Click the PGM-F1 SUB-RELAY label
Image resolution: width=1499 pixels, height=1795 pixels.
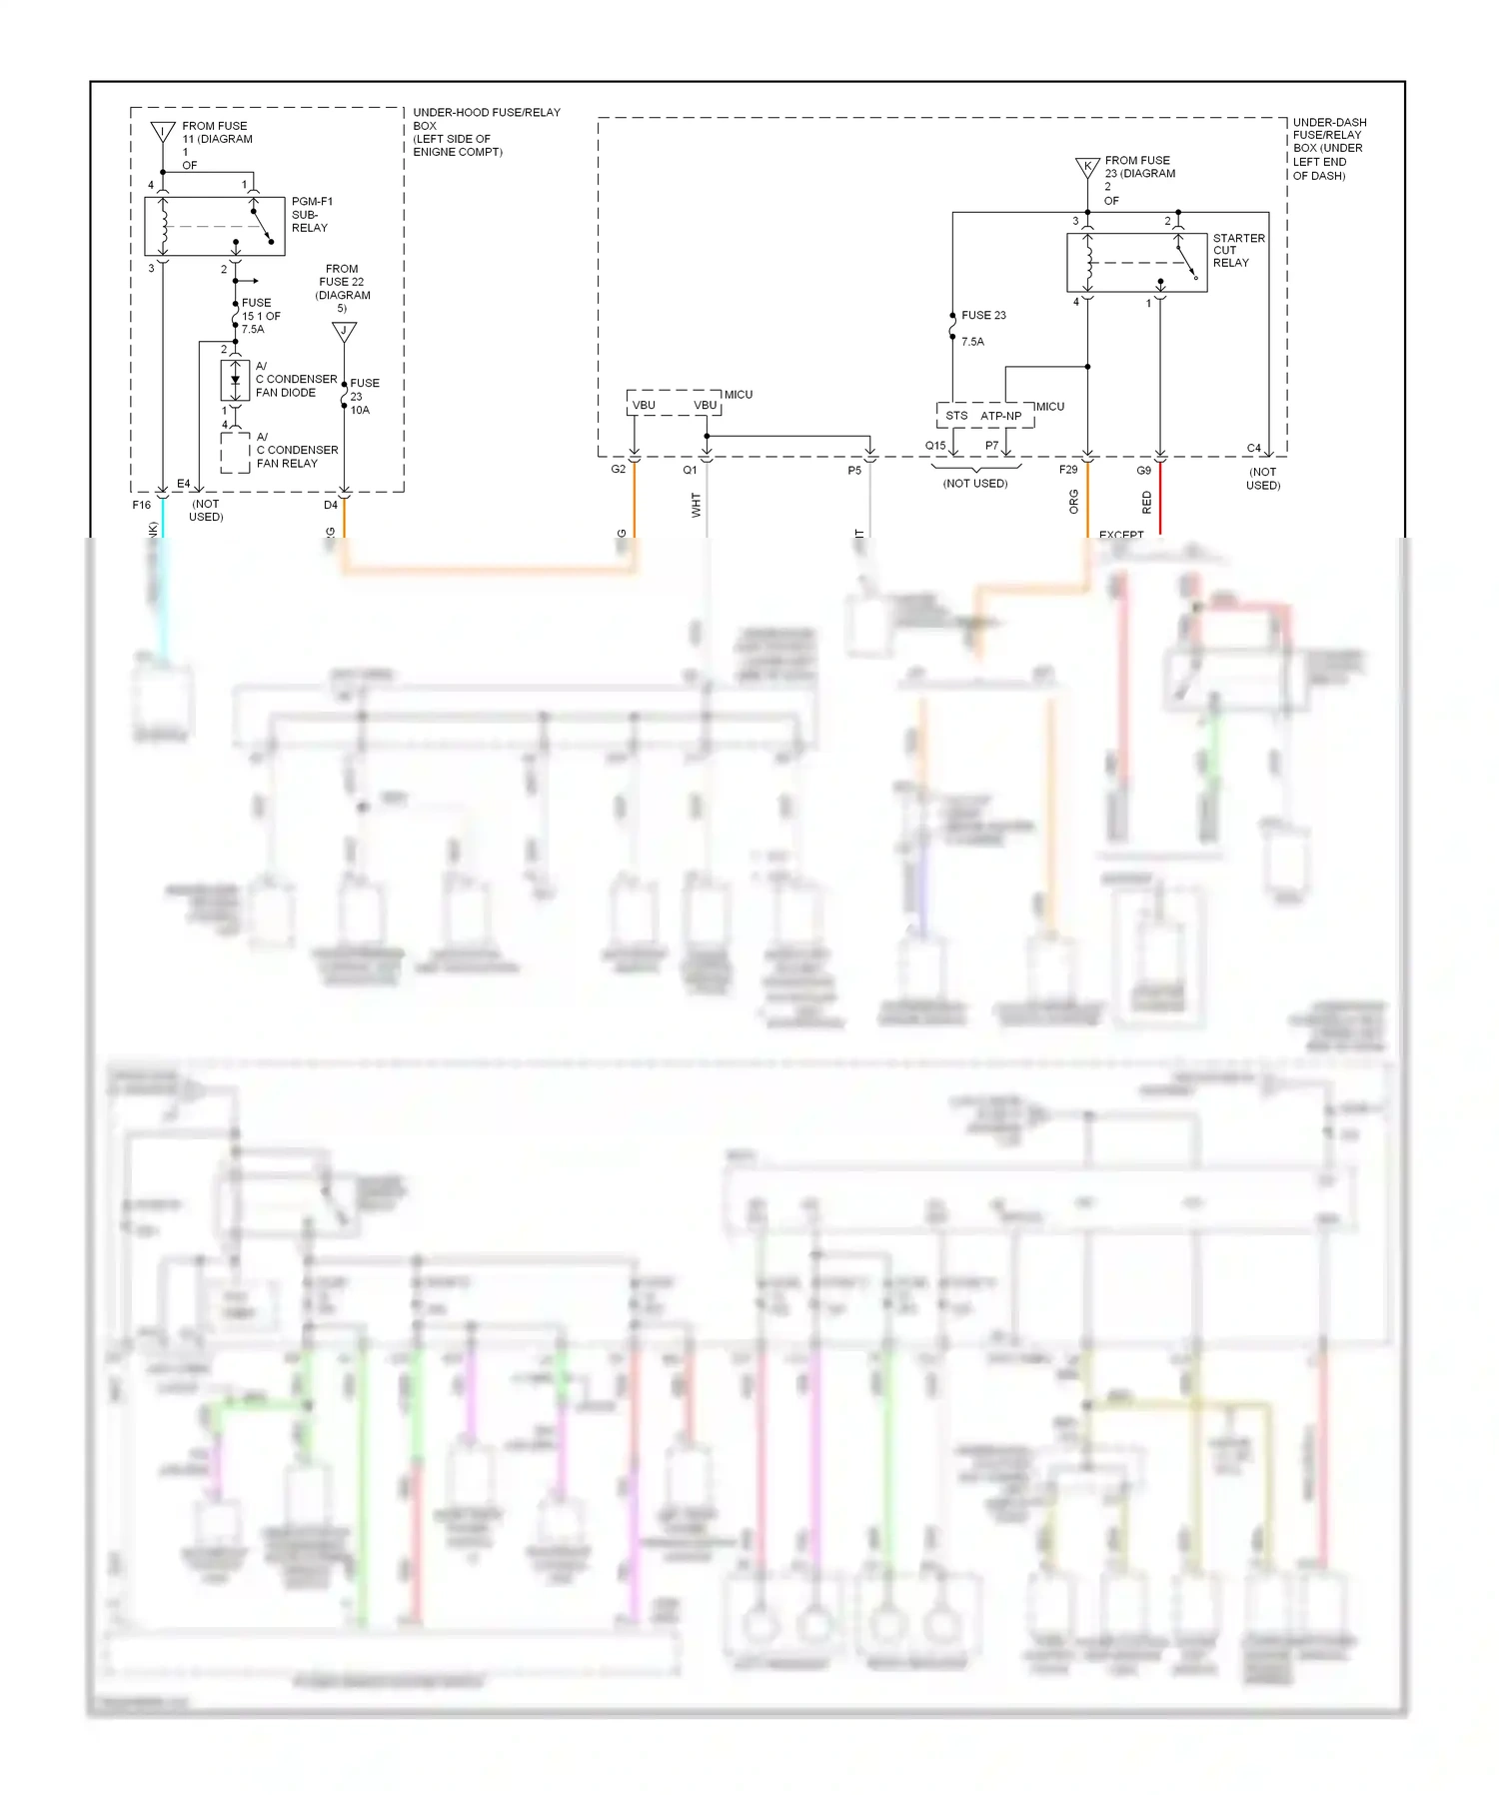point(311,215)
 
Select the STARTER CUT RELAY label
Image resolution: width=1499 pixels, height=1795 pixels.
point(1238,251)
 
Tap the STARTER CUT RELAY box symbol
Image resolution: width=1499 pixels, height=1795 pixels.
point(1136,263)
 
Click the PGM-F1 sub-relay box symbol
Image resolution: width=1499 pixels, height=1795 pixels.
point(214,226)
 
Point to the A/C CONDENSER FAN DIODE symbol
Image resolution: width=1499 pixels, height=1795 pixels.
point(235,381)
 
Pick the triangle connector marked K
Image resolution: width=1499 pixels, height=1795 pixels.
point(1087,167)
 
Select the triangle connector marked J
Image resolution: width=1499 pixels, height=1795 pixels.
point(344,332)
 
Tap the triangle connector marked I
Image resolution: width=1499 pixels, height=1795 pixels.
point(162,132)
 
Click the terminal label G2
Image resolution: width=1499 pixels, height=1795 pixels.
point(619,470)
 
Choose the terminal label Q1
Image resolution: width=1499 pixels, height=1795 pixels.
point(690,470)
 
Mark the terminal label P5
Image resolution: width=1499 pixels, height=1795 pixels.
point(854,471)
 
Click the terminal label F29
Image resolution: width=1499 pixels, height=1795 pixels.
point(1068,470)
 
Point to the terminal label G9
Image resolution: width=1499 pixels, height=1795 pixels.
point(1143,471)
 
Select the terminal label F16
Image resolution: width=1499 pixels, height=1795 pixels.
point(142,506)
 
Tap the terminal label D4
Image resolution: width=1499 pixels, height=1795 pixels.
point(331,506)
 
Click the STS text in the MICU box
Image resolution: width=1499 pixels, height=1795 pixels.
point(956,416)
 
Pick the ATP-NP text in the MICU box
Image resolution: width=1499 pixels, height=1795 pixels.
point(1000,416)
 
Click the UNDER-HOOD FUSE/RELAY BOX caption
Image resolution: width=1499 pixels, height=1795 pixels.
point(486,132)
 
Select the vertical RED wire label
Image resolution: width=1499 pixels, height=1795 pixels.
point(1146,502)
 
